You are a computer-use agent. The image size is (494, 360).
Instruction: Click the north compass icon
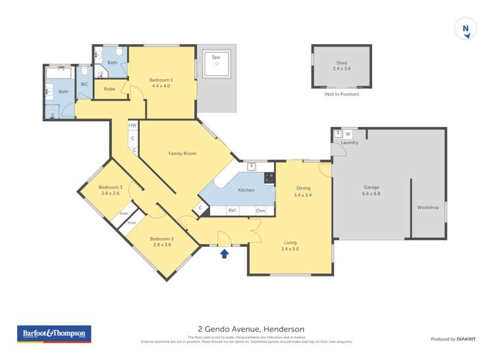point(466,29)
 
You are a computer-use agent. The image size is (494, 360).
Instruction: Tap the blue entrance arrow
point(224,253)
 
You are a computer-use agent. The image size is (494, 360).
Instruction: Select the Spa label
point(215,58)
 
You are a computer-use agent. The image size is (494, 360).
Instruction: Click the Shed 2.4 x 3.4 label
point(342,65)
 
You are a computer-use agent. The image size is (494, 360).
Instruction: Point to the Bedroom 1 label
point(161,82)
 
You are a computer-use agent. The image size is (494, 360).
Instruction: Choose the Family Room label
point(182,153)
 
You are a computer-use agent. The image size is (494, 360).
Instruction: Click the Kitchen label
point(246,190)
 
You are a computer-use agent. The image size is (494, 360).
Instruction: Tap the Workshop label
point(427,207)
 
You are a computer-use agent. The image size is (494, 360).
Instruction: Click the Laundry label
point(349,143)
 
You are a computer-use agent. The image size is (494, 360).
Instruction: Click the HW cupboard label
point(132,125)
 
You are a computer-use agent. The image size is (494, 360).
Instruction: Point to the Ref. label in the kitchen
point(233,211)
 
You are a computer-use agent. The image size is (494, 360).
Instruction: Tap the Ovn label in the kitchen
point(261,211)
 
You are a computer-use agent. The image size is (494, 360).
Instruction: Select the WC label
point(84,84)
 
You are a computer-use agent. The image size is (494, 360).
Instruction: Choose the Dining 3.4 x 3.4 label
point(303,192)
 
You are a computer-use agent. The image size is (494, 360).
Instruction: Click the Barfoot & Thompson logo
point(53,334)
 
